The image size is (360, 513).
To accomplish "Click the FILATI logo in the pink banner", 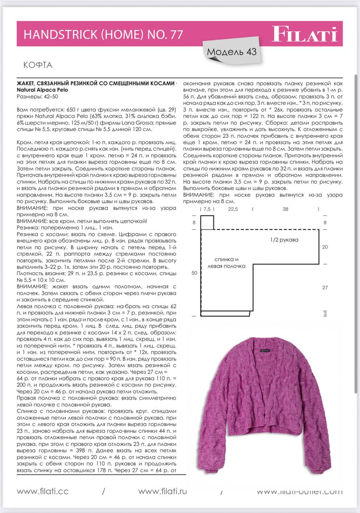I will [305, 34].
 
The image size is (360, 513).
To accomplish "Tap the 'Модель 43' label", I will [232, 52].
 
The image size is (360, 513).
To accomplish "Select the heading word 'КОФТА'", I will [38, 65].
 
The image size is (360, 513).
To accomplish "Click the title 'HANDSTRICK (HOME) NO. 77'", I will [103, 35].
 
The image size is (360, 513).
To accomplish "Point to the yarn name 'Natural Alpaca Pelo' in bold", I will [42, 90].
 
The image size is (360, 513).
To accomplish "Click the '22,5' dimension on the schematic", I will [233, 209].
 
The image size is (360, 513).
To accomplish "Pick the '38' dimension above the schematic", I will [285, 209].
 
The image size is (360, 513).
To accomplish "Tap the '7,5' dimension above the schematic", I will [207, 209].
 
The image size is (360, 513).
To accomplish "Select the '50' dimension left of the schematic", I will [194, 273].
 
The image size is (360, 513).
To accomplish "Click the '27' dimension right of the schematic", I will [325, 287].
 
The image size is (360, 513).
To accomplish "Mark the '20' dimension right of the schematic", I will [325, 247].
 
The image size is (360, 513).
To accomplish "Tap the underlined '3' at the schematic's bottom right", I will [325, 313].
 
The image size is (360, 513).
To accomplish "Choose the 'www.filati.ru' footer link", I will [163, 491].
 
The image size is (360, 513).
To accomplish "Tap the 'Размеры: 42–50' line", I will [37, 97].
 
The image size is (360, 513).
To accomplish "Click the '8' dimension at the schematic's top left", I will [194, 222].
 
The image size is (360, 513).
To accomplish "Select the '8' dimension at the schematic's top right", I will [325, 222].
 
